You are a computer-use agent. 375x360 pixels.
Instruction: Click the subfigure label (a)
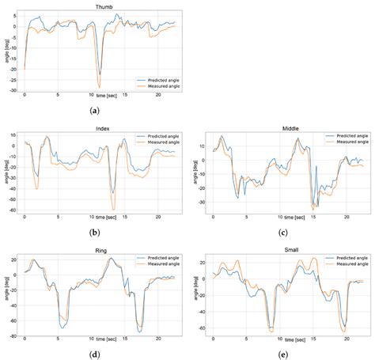(95, 112)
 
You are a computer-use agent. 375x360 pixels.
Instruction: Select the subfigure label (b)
(95, 233)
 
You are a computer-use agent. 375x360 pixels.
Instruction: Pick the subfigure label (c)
(283, 233)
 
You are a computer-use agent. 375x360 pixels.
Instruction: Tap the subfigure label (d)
(95, 354)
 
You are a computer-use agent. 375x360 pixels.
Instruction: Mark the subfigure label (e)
(283, 354)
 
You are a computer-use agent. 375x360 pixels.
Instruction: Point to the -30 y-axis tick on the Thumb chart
(14, 91)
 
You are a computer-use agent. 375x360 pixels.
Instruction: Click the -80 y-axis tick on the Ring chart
(13, 335)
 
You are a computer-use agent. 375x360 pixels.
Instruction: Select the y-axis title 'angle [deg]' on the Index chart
(5, 172)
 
